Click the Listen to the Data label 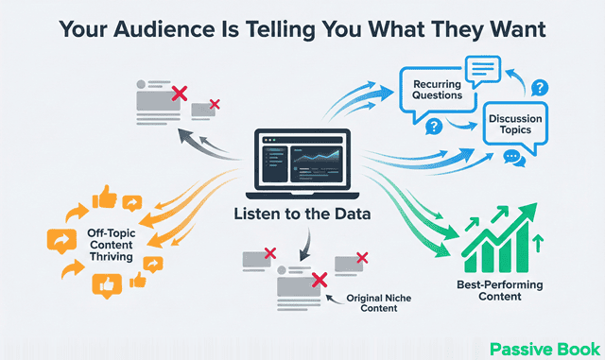tap(302, 214)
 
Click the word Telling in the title tap(264, 29)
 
